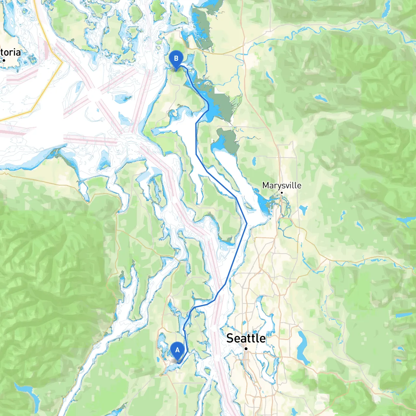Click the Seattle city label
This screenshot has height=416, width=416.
[x=246, y=338]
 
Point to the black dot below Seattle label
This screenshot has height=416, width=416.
[x=246, y=349]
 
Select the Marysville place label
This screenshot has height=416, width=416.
[x=281, y=185]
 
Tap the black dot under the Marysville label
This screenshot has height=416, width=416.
[x=282, y=193]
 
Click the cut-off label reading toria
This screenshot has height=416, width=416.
[x=10, y=52]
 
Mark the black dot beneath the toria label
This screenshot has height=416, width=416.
[x=4, y=60]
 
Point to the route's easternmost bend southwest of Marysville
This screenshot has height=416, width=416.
[x=247, y=224]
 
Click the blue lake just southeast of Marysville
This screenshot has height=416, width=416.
[x=303, y=210]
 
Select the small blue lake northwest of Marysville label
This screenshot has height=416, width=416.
[x=254, y=161]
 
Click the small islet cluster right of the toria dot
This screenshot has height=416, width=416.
[x=32, y=59]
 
